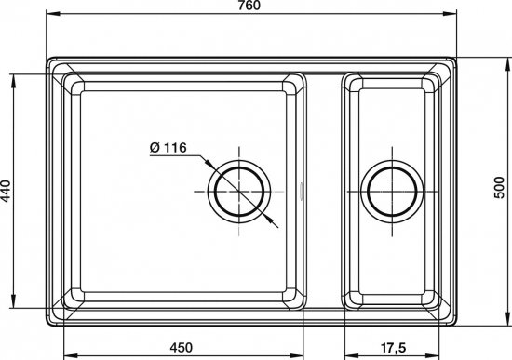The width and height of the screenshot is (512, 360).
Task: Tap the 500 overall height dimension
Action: [499, 188]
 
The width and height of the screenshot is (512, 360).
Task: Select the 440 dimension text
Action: [6, 191]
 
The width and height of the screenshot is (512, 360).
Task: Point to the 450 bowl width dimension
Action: [182, 348]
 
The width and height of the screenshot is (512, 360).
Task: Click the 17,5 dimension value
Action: [393, 348]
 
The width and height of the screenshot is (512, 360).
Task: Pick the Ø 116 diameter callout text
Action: [168, 148]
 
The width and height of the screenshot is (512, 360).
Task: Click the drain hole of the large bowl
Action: [239, 192]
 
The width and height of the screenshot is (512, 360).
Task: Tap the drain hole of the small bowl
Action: [392, 192]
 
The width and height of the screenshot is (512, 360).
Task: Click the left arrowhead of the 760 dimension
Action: [51, 13]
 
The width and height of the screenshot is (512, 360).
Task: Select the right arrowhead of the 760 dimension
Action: [451, 13]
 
